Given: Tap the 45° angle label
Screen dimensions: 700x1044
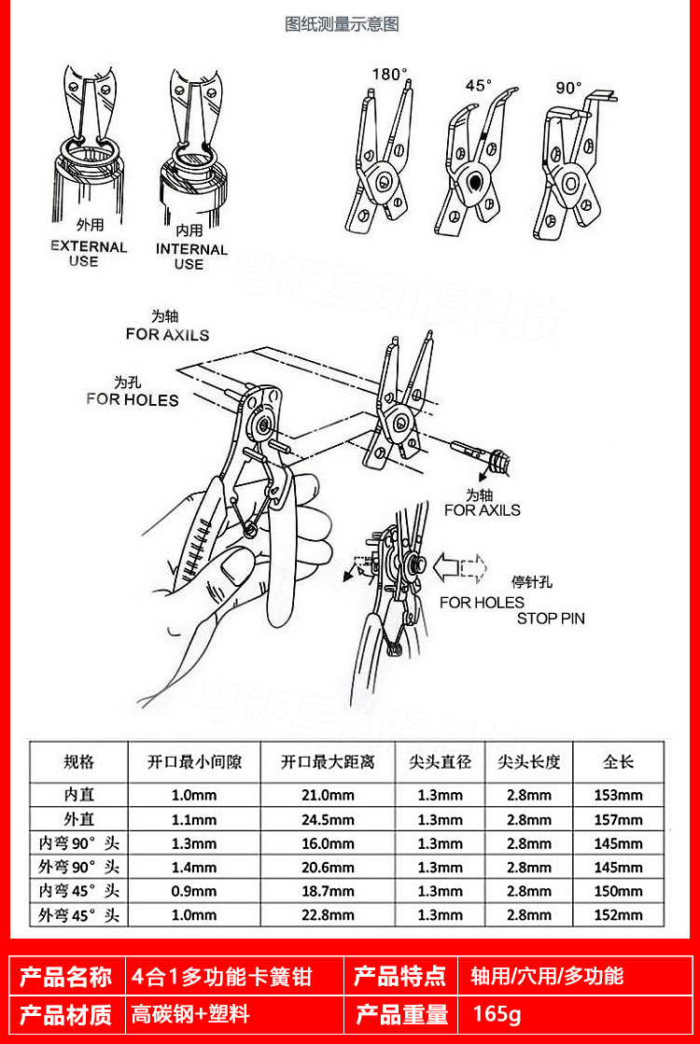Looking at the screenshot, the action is coord(479,85).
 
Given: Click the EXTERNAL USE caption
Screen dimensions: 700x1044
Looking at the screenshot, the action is coord(89,254).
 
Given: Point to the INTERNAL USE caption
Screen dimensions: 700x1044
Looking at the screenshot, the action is coord(191,256).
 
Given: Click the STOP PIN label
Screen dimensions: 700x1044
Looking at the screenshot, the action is coord(551,618).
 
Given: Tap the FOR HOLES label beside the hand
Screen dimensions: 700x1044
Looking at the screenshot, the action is coord(133,398).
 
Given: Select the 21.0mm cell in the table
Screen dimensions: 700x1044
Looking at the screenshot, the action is coord(328,796).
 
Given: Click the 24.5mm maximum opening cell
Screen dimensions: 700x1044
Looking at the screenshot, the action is coord(328,820).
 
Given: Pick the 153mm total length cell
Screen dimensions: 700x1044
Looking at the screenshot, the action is coord(618,796).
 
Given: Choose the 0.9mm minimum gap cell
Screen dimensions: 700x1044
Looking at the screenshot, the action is coord(194,891).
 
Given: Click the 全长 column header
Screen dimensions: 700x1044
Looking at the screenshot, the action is coord(618,761).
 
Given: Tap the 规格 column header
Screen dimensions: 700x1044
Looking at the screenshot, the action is coord(78,761).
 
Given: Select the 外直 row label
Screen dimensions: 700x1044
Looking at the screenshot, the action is coord(78,820).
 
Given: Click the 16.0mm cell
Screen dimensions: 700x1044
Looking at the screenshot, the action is coord(328,843).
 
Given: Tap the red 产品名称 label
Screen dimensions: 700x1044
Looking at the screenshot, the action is coord(66,976).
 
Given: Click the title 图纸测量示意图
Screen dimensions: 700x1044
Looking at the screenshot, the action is coord(342,24).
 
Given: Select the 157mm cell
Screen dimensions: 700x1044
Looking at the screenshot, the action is coord(618,820).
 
